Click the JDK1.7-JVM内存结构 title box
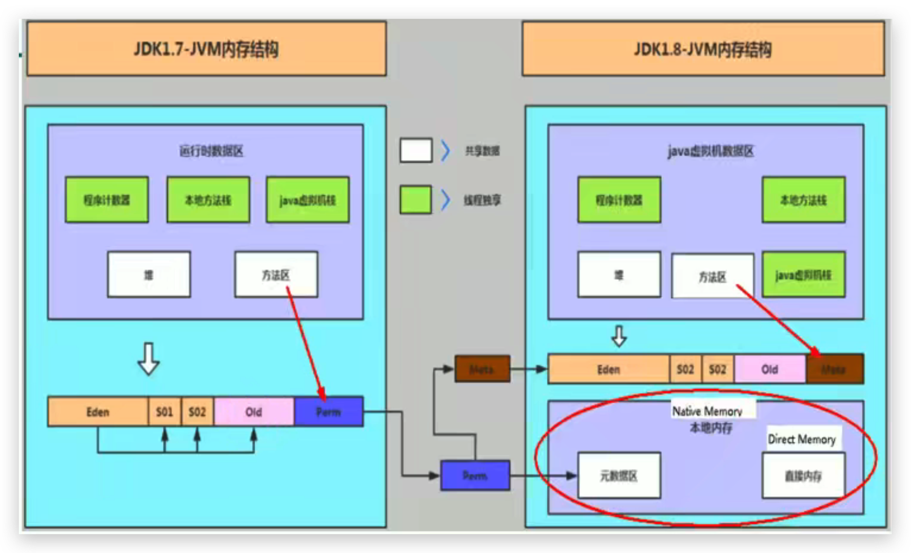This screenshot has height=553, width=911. [206, 49]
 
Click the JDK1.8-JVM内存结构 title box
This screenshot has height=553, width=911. [703, 49]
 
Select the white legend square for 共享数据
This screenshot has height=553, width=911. [416, 150]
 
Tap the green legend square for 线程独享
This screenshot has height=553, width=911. [415, 200]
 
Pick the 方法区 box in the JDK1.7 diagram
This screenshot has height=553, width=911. [276, 274]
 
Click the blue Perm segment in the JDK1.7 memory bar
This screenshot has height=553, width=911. [328, 412]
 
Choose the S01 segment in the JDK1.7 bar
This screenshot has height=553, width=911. [164, 412]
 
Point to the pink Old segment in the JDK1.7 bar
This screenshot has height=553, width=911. [253, 412]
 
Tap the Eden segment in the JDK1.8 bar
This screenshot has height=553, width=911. [608, 369]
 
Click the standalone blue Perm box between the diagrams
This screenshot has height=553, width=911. [475, 475]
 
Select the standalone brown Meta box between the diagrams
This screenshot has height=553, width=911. [482, 369]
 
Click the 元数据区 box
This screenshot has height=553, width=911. [619, 475]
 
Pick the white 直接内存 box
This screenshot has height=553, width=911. [803, 475]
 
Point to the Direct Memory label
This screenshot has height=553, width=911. [802, 439]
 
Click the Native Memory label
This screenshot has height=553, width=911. [707, 411]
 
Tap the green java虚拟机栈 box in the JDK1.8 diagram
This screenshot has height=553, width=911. [803, 275]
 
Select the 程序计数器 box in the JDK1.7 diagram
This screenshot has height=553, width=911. [107, 200]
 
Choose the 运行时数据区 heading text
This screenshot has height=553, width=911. [211, 151]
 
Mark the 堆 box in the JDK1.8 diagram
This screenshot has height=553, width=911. [619, 275]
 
